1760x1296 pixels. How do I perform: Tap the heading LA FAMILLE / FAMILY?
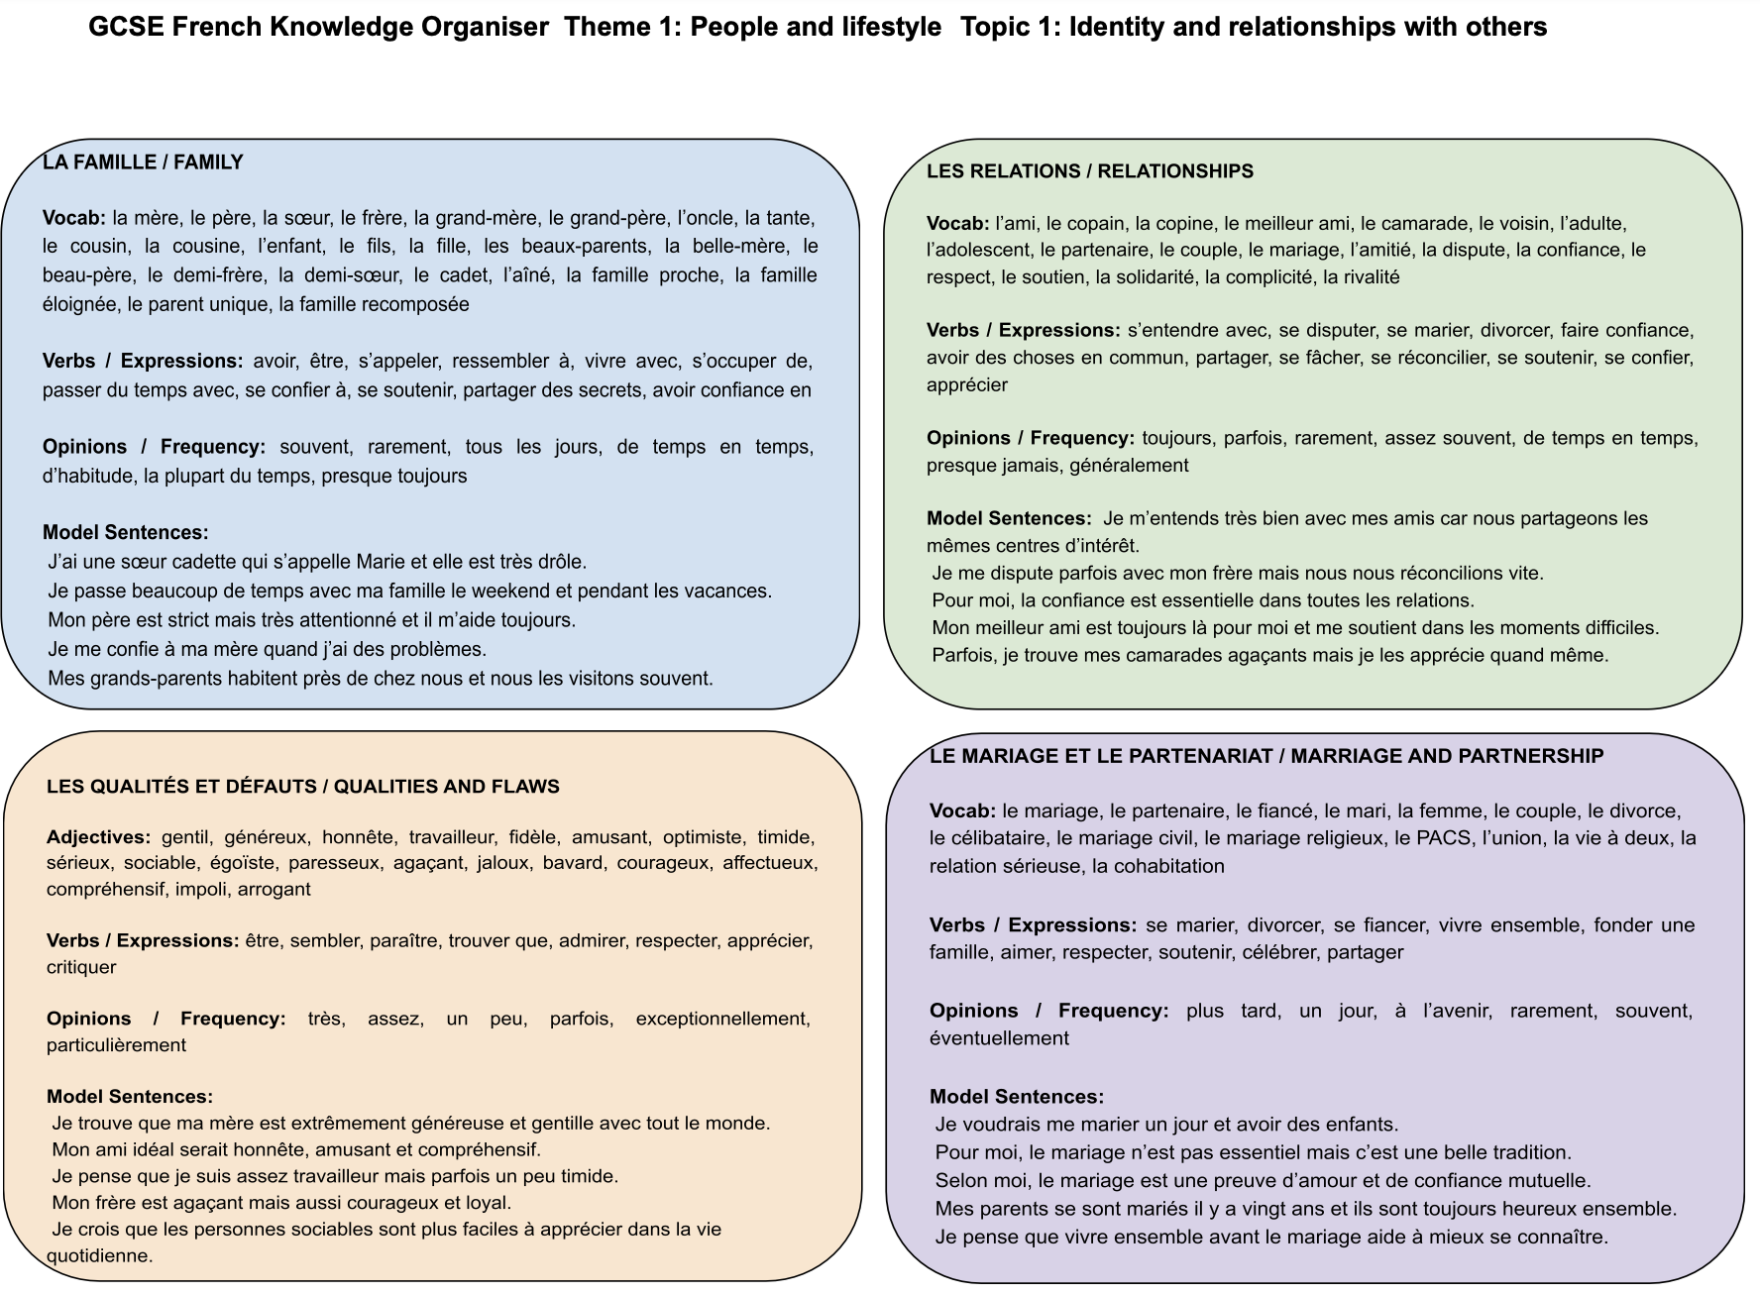[143, 162]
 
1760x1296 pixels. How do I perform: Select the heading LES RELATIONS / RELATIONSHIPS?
[1089, 171]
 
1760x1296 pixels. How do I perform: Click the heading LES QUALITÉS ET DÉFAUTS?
[302, 787]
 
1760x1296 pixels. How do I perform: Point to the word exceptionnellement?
[722, 1019]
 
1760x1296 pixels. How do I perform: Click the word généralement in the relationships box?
[1129, 465]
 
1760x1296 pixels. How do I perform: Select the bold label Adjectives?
[98, 837]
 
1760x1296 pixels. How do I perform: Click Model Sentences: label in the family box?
[125, 533]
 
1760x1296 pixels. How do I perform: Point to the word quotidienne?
[99, 1255]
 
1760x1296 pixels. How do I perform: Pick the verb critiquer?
[81, 967]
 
